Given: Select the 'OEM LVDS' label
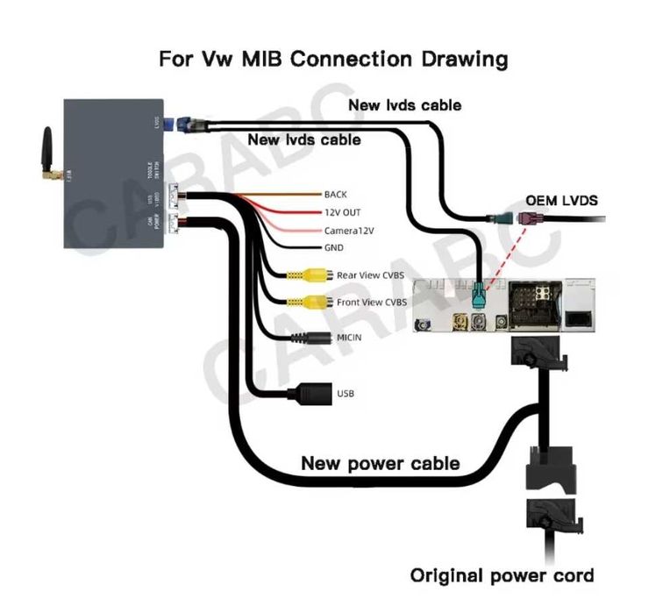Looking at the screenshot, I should (x=561, y=201).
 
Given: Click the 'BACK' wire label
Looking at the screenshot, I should (x=336, y=194).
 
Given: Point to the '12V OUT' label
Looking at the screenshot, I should (x=343, y=212).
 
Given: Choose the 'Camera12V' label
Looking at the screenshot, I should (x=348, y=231).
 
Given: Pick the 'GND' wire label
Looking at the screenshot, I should (x=335, y=248).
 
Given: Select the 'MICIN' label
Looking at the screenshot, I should (x=348, y=337).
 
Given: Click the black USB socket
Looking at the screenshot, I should (x=309, y=393).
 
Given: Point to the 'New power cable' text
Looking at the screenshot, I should (x=380, y=462).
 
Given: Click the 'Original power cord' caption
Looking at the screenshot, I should (x=502, y=575).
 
